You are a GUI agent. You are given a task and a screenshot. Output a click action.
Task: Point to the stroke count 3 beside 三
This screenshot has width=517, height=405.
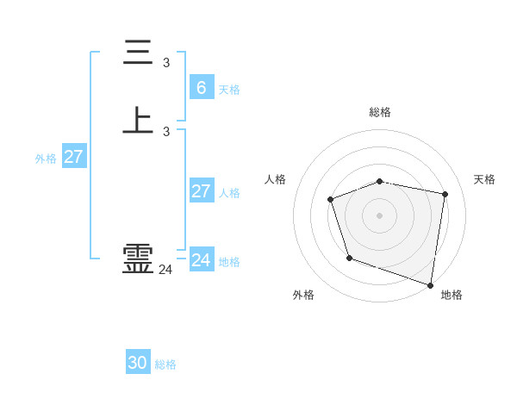[x=166, y=63]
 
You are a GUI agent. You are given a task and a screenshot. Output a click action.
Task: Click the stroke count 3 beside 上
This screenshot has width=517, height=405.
[x=166, y=132]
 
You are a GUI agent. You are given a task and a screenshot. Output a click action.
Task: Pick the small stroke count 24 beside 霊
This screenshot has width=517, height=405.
[x=165, y=270]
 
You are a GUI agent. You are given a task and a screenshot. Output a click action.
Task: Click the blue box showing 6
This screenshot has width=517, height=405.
[x=202, y=87]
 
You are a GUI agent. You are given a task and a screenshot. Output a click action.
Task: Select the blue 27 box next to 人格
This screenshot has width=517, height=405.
[x=202, y=190]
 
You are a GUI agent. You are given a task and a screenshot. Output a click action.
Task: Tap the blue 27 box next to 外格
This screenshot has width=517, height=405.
[x=74, y=157]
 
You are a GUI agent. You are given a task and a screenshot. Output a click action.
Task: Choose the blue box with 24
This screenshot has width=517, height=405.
[x=202, y=259]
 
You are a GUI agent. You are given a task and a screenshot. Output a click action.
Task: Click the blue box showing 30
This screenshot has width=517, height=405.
[x=138, y=363]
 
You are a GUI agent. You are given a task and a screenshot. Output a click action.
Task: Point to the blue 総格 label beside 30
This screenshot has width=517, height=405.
[x=166, y=364]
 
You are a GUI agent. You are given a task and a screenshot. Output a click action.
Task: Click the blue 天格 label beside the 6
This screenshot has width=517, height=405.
[x=229, y=90]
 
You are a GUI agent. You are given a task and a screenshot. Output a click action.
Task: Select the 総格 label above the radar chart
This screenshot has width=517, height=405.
[x=380, y=112]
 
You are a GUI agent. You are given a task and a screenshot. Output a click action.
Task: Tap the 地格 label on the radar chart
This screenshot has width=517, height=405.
[x=452, y=295]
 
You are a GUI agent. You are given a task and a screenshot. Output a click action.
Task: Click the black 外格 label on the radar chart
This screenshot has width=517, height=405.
[x=303, y=295]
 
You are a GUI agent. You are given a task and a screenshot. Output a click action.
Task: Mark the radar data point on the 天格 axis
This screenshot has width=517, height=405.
[x=445, y=194]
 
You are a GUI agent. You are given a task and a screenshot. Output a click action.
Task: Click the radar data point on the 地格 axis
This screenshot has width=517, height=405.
[x=430, y=283]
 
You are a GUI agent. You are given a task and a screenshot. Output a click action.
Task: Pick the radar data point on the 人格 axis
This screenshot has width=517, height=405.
[x=331, y=200]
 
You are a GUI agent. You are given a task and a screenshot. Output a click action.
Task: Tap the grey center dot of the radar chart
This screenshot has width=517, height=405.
[x=380, y=215]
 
